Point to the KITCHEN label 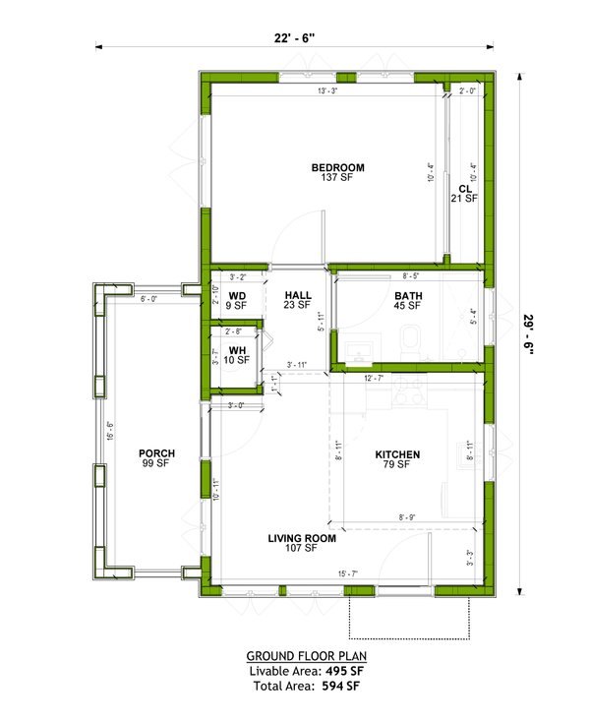(x=397, y=454)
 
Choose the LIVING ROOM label (x=302, y=539)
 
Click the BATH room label (x=407, y=295)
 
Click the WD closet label (x=237, y=295)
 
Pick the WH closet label (x=237, y=350)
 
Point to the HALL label (x=298, y=295)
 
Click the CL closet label (x=464, y=188)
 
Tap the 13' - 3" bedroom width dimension (x=328, y=91)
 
